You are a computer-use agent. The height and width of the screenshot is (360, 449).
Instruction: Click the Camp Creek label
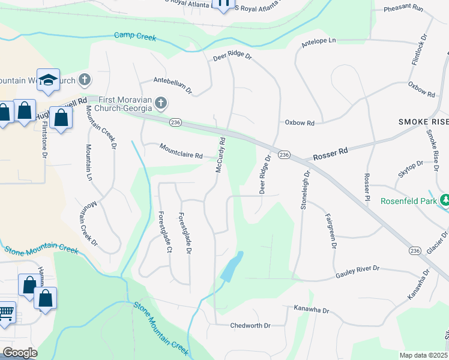pos(135,37)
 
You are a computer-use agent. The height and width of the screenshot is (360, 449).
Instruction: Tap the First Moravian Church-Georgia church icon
pos(160,104)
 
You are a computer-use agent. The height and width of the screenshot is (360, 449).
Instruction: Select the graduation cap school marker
pos(48,80)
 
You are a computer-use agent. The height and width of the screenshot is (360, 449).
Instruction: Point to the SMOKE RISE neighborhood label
pos(423,122)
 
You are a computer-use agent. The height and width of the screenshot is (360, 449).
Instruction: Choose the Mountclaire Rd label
pos(181,151)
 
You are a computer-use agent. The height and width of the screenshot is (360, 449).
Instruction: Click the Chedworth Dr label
pos(250,326)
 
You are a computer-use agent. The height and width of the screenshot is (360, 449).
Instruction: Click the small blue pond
pos(232,268)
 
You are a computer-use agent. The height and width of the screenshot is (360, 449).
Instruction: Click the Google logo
pos(20,353)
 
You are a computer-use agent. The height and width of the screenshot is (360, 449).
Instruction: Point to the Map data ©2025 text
pos(424,355)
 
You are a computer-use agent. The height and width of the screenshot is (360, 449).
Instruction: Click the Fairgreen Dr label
pos(330,230)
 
